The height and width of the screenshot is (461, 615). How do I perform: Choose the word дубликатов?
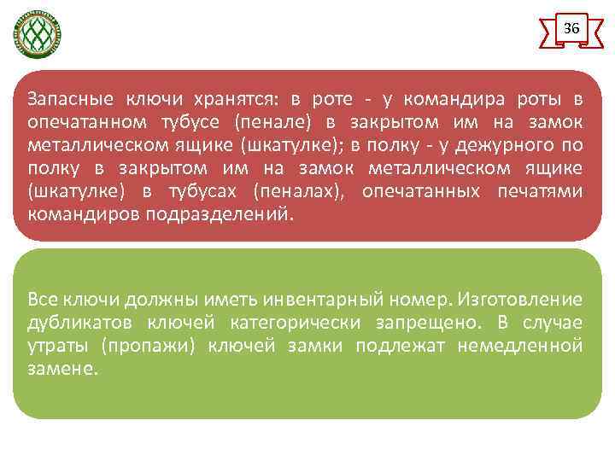[78, 322]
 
